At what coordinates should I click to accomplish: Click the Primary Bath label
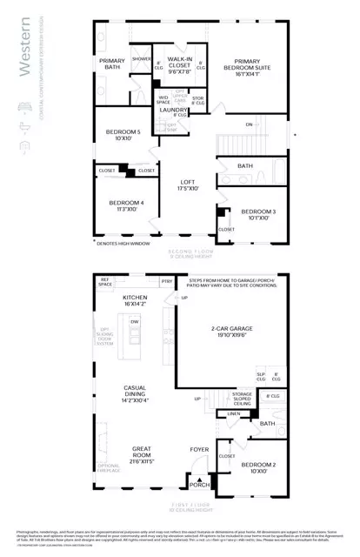(113, 64)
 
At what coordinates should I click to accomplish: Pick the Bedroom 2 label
(258, 470)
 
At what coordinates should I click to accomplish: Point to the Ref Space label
(106, 282)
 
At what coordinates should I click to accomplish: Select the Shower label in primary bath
(141, 59)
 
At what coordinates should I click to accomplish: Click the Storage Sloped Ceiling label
(242, 399)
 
